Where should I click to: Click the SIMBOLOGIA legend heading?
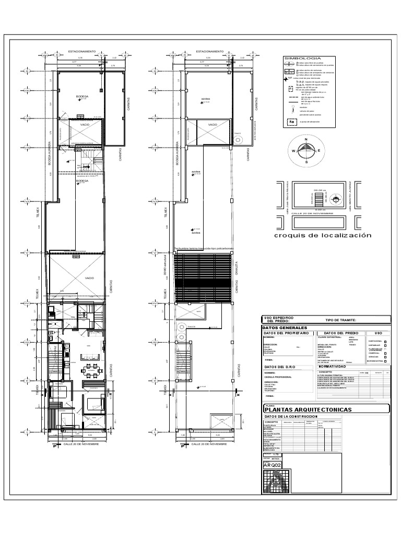[x=302, y=58]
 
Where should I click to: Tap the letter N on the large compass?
[x=306, y=140]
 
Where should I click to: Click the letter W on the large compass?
[x=293, y=151]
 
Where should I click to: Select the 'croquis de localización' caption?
[x=323, y=235]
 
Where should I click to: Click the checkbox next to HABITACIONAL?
[x=385, y=342]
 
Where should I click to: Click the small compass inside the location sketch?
[x=337, y=200]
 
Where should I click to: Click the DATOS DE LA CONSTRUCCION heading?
[x=290, y=402]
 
